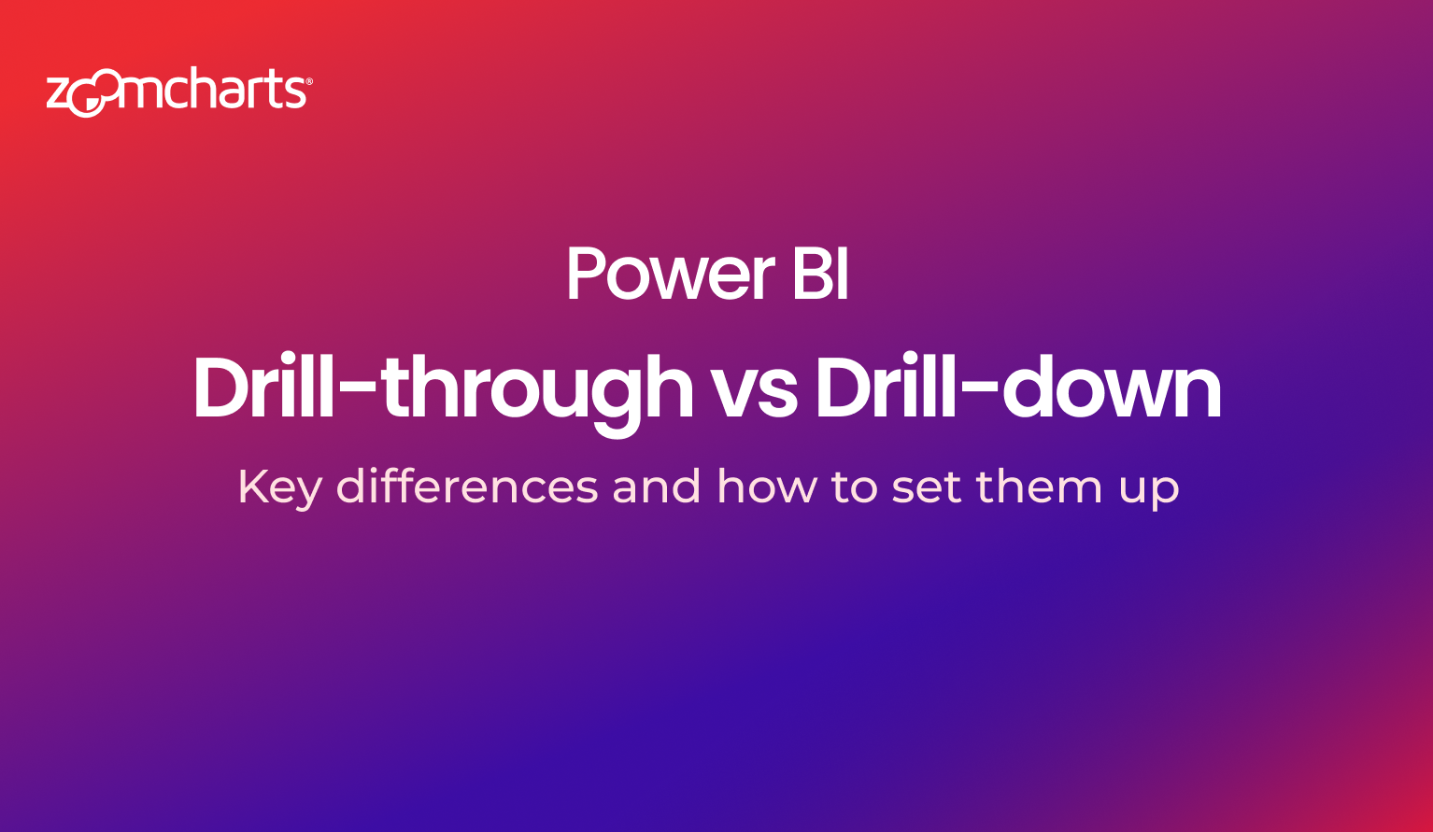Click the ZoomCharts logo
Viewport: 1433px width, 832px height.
[x=179, y=92]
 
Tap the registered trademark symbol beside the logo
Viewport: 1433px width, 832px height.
[x=309, y=81]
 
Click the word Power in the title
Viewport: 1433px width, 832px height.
[x=671, y=275]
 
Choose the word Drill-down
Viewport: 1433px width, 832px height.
[x=1019, y=387]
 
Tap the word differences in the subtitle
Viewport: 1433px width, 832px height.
[x=468, y=486]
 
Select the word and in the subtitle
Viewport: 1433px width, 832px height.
[x=657, y=486]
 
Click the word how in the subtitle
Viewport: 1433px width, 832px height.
[x=767, y=486]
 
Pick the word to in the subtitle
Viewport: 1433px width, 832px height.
[x=854, y=487]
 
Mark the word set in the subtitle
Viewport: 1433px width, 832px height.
[x=927, y=487]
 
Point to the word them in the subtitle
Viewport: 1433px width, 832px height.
[x=1040, y=486]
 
